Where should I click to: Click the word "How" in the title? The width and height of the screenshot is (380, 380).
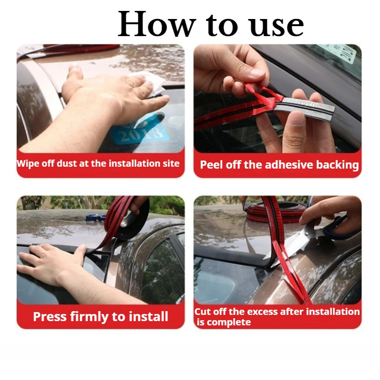[x=157, y=24]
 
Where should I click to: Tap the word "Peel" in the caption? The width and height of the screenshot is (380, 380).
[x=211, y=165]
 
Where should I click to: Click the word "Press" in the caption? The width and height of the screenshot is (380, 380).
[x=50, y=316]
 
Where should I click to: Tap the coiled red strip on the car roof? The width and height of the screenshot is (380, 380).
[x=276, y=211]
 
